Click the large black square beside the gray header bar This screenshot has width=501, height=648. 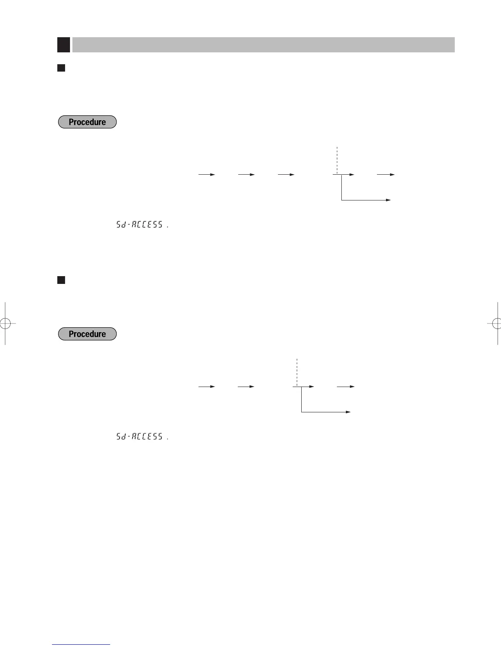pyautogui.click(x=63, y=45)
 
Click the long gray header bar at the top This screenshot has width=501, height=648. pyautogui.click(x=263, y=45)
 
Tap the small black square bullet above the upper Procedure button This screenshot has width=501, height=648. pyautogui.click(x=61, y=68)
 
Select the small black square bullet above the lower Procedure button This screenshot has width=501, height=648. pyautogui.click(x=61, y=280)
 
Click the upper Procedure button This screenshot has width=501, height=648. pyautogui.click(x=87, y=122)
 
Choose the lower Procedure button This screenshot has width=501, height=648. pyautogui.click(x=87, y=334)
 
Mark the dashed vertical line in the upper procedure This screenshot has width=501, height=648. pyautogui.click(x=336, y=160)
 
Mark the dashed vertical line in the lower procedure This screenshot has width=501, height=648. pyautogui.click(x=296, y=371)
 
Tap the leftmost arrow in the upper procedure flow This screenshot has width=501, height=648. pyautogui.click(x=207, y=175)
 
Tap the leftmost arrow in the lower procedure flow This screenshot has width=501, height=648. pyautogui.click(x=207, y=387)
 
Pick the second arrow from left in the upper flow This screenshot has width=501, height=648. pyautogui.click(x=246, y=175)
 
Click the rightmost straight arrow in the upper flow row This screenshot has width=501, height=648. pyautogui.click(x=386, y=175)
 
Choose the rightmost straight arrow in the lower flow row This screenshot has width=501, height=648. pyautogui.click(x=346, y=387)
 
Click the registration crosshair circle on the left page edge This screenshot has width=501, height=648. pyautogui.click(x=5, y=324)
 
